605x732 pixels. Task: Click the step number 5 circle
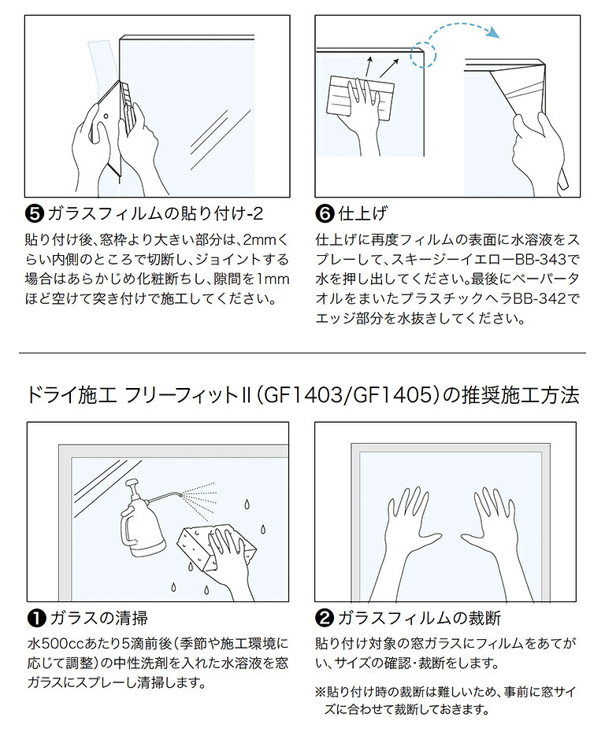coord(35,214)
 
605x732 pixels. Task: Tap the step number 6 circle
coord(324,214)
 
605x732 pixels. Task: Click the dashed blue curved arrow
coord(458,35)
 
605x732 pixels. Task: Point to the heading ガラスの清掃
coord(98,618)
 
